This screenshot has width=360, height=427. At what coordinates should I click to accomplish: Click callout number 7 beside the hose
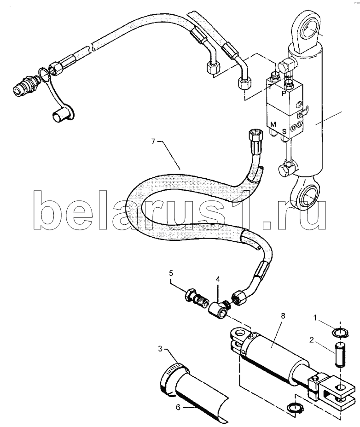pos(153,141)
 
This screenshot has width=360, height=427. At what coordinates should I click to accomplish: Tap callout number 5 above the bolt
pos(171,273)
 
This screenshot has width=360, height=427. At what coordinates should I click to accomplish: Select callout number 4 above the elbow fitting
pos(218,279)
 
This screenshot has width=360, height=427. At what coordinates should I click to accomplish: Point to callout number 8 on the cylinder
pos(283,316)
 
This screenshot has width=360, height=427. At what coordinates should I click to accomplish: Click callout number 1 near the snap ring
pos(315,317)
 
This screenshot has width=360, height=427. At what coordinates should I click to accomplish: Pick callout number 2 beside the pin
pos(312,340)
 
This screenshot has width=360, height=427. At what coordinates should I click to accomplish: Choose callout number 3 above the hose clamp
pos(161,349)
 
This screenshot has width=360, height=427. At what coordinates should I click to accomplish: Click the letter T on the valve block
pos(270,87)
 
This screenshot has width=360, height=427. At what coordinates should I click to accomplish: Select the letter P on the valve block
pos(284,94)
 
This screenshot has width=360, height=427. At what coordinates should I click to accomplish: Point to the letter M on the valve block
pos(273,124)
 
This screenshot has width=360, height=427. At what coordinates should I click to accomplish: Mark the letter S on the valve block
pos(285,132)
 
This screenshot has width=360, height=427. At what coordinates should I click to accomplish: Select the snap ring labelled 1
pos(340,333)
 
